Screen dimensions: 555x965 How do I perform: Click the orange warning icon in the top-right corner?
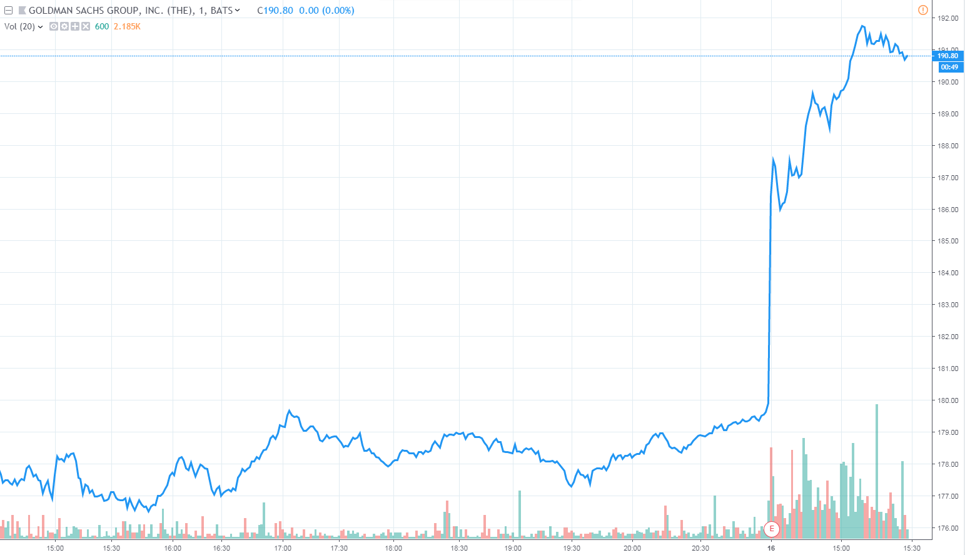(x=922, y=10)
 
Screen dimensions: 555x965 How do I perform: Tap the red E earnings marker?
(x=772, y=529)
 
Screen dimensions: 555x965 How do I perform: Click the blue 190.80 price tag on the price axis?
(x=947, y=56)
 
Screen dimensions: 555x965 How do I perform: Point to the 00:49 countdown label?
(x=949, y=67)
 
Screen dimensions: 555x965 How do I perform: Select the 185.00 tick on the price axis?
(x=947, y=241)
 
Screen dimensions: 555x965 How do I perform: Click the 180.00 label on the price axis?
(x=947, y=400)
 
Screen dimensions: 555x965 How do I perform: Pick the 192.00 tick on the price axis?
(x=947, y=18)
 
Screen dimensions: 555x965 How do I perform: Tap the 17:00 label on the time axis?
(x=283, y=548)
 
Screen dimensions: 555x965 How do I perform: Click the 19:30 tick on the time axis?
(x=572, y=548)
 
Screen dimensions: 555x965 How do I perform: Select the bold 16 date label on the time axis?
(x=771, y=548)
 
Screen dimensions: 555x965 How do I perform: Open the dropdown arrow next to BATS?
(x=238, y=10)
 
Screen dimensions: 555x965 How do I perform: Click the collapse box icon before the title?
(x=9, y=11)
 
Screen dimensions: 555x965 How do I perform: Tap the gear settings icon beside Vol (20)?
(x=64, y=26)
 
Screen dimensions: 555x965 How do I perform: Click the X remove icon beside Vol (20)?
(x=86, y=26)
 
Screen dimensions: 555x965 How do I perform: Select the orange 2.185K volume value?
(x=127, y=26)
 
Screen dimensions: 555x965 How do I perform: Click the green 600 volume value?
(x=102, y=26)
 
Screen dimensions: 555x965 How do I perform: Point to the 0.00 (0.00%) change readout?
(x=326, y=11)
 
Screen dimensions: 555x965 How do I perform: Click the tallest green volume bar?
(x=877, y=469)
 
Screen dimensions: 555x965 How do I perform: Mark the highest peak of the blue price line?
(x=862, y=26)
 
